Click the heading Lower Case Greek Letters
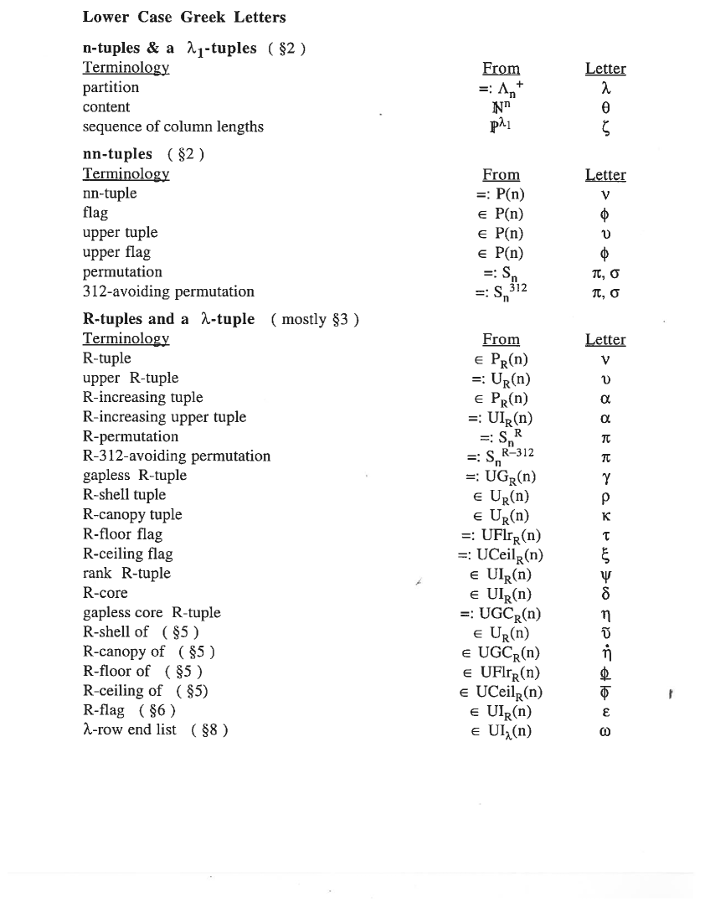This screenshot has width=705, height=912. click(x=184, y=17)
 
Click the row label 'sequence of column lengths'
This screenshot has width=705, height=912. click(x=172, y=126)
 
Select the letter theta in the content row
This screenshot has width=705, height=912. click(x=605, y=107)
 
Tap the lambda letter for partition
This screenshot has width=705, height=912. click(x=605, y=87)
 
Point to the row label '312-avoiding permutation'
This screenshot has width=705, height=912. click(x=168, y=291)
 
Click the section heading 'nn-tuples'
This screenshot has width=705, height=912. click(x=117, y=154)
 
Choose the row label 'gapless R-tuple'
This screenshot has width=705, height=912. click(x=135, y=476)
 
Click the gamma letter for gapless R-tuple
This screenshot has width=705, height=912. click(x=605, y=476)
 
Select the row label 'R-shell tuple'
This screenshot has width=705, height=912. click(x=124, y=495)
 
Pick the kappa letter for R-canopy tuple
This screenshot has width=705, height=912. click(x=605, y=515)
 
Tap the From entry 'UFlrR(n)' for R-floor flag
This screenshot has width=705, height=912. click(x=501, y=535)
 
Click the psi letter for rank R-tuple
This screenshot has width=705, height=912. click(x=605, y=575)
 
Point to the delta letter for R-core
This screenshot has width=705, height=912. click(x=605, y=594)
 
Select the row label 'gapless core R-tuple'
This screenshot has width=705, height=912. click(x=152, y=613)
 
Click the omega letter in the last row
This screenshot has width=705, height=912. click(x=605, y=731)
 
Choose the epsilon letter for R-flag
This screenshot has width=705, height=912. click(x=605, y=712)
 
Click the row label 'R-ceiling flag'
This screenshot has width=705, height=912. click(x=128, y=554)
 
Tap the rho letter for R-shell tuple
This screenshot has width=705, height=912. click(x=605, y=496)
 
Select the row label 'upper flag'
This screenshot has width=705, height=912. click(x=116, y=252)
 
